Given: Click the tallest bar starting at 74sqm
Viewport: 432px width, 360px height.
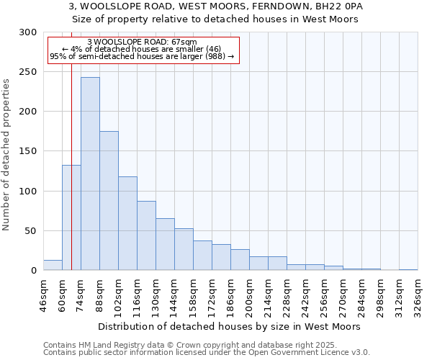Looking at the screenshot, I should (x=90, y=174).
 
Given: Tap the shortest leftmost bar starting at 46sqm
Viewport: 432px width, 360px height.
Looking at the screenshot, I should (x=53, y=265).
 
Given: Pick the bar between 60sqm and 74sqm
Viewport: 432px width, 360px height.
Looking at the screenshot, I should (x=71, y=217).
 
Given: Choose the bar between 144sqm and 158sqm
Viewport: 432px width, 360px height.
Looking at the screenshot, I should (x=184, y=249).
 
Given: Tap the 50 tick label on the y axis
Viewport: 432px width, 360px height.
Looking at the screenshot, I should (x=30, y=231).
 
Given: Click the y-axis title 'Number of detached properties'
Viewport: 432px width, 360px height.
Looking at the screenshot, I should (x=6, y=155).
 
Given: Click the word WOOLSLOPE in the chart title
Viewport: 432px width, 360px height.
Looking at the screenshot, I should (x=116, y=6).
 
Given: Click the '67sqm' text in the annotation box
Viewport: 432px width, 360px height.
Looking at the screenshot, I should (x=183, y=42).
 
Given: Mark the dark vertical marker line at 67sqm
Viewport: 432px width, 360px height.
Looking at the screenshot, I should (x=71, y=144).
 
